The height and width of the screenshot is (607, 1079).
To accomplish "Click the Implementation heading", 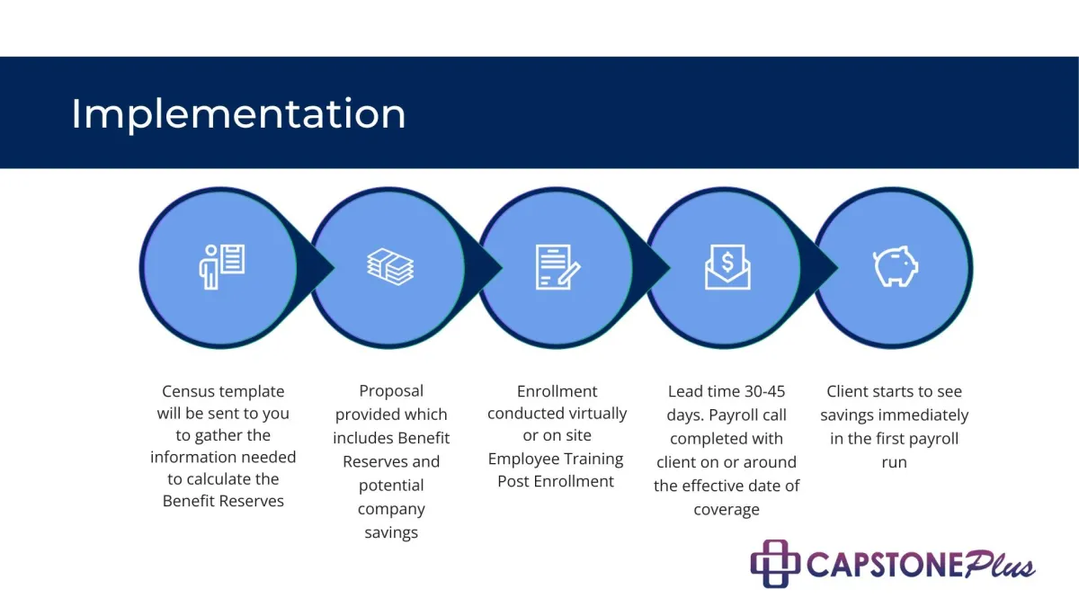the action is pos(238,115).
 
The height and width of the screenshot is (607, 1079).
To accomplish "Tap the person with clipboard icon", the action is pos(222,267).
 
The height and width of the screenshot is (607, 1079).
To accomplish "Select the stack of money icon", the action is pos(390,267).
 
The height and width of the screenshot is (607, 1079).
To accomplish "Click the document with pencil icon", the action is pos(557,267).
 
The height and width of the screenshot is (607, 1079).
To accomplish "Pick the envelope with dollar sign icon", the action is pos(727,267).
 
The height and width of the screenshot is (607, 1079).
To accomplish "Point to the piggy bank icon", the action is pos(896,266).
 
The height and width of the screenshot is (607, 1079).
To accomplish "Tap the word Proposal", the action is pos(391,391).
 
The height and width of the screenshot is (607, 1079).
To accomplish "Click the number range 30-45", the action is pos(765,391).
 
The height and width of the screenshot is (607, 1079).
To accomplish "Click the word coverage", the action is pos(727,510).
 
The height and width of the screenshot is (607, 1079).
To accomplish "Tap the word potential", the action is pos(391,486).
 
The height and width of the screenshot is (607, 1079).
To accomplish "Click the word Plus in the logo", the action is pos(1000,564).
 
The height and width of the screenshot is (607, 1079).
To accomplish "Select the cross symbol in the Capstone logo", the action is pos(775,564).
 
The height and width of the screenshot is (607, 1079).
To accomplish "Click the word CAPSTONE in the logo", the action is pos(886,565).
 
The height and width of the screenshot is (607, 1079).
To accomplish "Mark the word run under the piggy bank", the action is pos(894,462).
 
